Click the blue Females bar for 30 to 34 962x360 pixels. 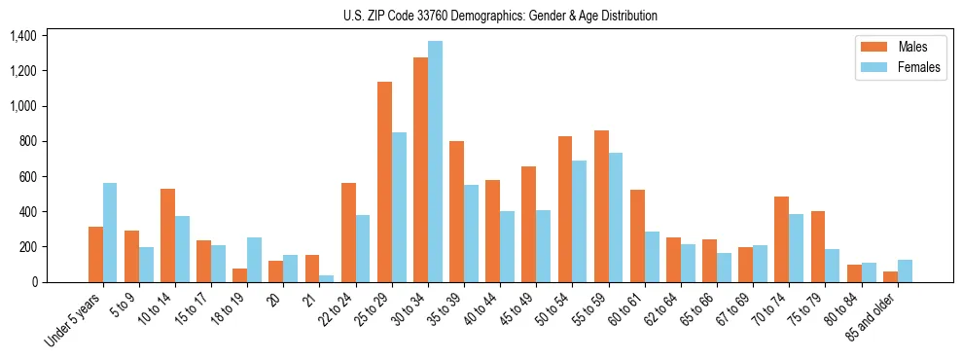click(x=435, y=162)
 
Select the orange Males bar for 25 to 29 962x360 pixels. click(x=384, y=182)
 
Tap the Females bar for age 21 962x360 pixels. click(x=327, y=278)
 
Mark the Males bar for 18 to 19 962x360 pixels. click(x=239, y=274)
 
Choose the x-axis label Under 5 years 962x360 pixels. click(x=74, y=322)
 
